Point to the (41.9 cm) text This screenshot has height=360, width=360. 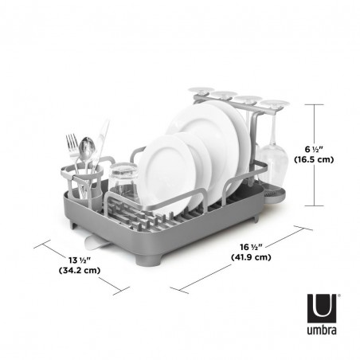(252, 257)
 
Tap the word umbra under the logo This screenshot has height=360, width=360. (323, 327)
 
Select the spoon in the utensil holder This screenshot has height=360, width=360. (88, 150)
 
